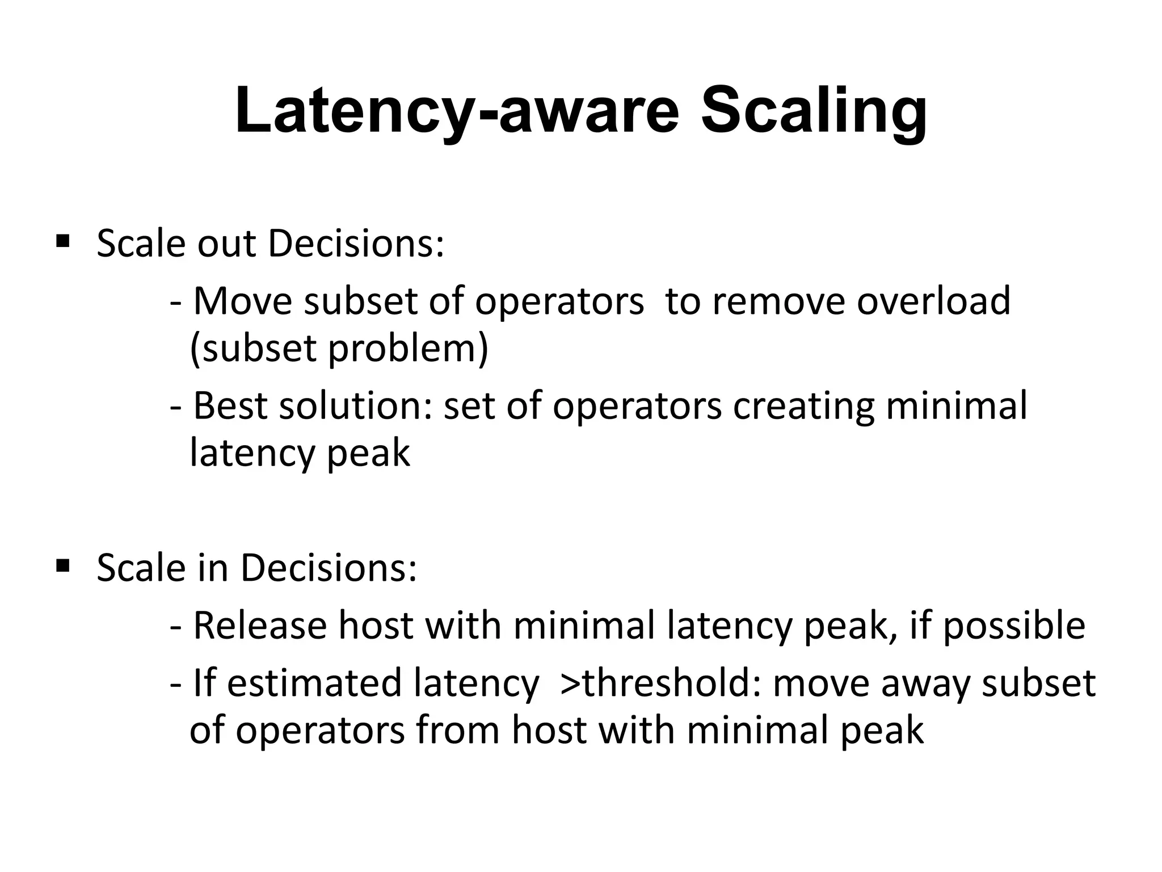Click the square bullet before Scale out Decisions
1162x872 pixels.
[x=63, y=242]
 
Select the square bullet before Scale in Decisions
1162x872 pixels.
[x=63, y=565]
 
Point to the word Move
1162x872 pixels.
[x=242, y=301]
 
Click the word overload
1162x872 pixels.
[x=933, y=301]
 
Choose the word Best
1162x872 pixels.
[x=230, y=406]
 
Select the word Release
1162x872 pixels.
[x=260, y=626]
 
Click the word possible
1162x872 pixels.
[x=1014, y=626]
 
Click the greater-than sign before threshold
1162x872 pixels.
[x=570, y=684]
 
